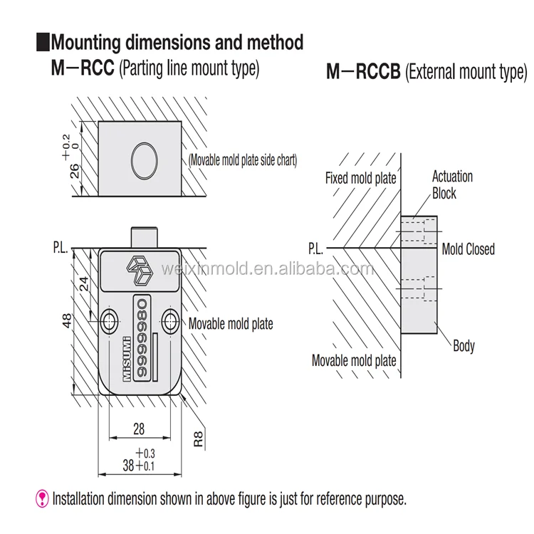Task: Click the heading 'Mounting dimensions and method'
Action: coord(177,42)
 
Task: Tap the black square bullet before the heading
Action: coord(42,42)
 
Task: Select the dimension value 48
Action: coord(67,320)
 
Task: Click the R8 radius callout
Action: coord(199,436)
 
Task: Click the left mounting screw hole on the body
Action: coord(110,321)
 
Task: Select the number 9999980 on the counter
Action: coord(142,334)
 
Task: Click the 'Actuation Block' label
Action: coord(451,185)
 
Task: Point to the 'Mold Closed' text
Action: coord(468,249)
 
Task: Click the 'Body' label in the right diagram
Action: coord(464,347)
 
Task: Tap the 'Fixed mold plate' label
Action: coord(360,178)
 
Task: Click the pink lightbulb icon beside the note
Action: coord(43,498)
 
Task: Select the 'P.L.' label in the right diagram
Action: coord(316,249)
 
